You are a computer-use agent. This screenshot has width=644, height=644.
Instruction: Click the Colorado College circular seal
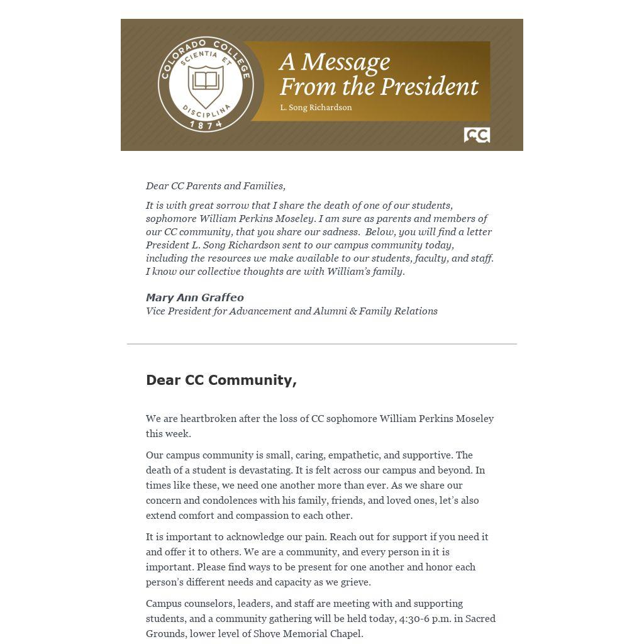tap(206, 84)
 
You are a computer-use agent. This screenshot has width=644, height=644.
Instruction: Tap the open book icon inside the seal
tap(206, 80)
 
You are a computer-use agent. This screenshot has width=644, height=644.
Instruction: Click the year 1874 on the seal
tap(206, 125)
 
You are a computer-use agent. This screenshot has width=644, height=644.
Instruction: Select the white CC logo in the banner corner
tap(477, 135)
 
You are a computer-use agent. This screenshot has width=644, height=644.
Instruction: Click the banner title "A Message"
tap(335, 62)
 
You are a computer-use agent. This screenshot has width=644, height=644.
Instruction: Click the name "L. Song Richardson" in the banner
tap(316, 108)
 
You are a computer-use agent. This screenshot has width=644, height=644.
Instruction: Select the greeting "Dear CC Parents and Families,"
tap(216, 186)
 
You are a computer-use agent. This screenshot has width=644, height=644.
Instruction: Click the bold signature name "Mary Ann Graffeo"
tap(195, 297)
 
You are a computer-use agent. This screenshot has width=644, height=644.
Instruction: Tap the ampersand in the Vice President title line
tap(353, 311)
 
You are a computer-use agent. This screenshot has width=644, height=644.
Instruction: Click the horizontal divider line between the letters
tap(322, 344)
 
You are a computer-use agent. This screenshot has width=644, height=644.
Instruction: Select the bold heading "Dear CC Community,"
tap(221, 380)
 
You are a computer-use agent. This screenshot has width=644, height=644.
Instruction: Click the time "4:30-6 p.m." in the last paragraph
tap(425, 619)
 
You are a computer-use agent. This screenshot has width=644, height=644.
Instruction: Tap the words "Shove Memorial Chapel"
tap(308, 634)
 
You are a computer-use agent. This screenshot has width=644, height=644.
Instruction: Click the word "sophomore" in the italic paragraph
tap(171, 219)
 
